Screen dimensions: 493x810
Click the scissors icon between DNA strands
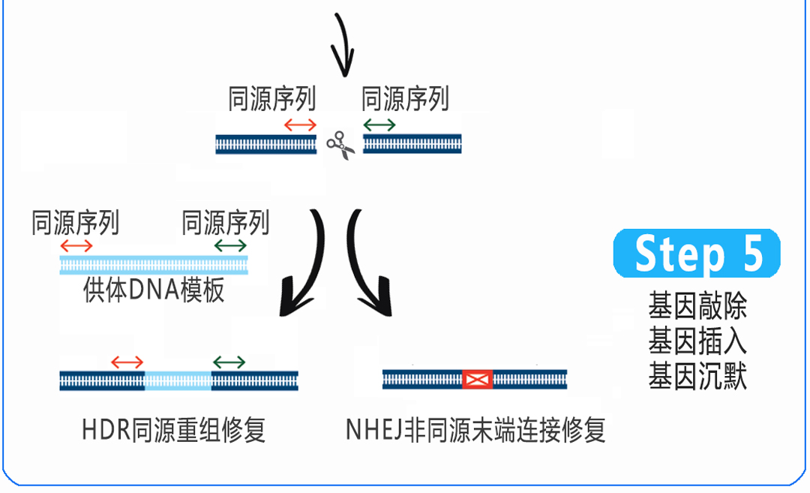(x=340, y=145)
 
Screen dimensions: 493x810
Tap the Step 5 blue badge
(x=697, y=254)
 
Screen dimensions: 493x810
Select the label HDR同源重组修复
(x=173, y=431)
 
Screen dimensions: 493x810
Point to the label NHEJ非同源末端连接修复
(x=475, y=431)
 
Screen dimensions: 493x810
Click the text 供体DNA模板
(x=154, y=290)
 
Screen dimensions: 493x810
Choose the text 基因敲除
(x=697, y=308)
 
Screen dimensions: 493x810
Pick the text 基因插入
(x=697, y=342)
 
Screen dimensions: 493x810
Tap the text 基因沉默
(x=697, y=377)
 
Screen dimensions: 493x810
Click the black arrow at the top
(x=343, y=45)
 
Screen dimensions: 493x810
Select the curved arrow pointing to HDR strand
(x=304, y=266)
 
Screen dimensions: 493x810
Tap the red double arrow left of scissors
(x=300, y=124)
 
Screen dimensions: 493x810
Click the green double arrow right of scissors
(x=379, y=124)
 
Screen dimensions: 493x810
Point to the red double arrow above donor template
(x=76, y=245)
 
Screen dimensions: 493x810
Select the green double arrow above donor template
(x=229, y=245)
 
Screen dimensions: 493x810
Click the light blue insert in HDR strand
(x=178, y=380)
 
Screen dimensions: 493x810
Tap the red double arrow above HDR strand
(x=127, y=362)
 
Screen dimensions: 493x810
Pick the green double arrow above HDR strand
(x=229, y=362)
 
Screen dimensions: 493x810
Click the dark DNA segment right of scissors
(x=412, y=144)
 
